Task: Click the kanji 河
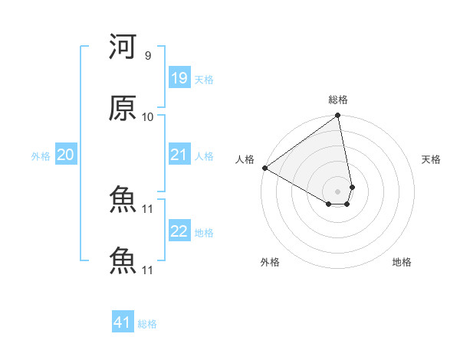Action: point(123,48)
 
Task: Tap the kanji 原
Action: point(123,109)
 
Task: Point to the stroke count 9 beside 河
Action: point(147,56)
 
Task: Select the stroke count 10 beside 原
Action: point(147,117)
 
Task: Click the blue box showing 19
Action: point(179,78)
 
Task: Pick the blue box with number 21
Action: point(179,155)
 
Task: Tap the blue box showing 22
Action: point(179,231)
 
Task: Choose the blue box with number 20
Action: point(65,155)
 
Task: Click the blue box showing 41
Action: point(123,322)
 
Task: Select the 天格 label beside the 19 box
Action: point(204,80)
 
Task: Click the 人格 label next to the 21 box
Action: point(204,156)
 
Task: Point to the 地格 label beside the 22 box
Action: point(204,233)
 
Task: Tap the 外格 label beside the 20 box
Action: point(41,156)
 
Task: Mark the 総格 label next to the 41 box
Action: point(147,324)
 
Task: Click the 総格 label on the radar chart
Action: point(338,100)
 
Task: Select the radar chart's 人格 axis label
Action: point(245,159)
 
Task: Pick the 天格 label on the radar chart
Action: point(431,159)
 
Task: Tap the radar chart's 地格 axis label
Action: point(402,262)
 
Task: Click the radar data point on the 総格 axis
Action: point(338,116)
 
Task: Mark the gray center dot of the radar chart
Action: point(338,191)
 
